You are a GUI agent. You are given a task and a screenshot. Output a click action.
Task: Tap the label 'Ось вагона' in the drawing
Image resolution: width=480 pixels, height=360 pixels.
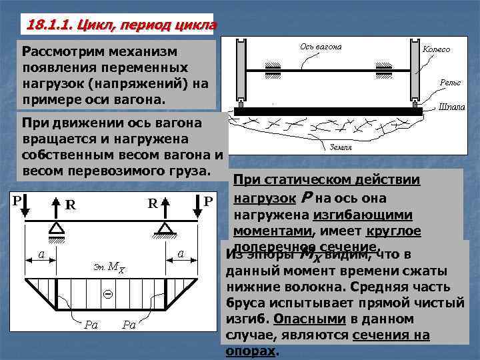click(321, 47)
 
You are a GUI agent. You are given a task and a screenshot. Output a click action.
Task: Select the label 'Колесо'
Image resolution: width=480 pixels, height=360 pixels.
click(437, 49)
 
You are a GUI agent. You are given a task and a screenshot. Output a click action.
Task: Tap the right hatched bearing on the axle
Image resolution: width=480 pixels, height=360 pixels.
click(383, 70)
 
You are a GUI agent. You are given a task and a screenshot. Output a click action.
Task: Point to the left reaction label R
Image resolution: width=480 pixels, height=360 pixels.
click(69, 205)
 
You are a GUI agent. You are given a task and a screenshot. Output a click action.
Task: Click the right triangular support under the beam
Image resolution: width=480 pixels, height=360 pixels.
click(165, 229)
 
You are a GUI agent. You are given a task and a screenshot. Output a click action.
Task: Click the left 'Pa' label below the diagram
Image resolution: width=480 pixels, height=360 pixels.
click(91, 325)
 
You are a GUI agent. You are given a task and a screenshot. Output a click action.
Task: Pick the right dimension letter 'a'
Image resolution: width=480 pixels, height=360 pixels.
click(181, 252)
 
